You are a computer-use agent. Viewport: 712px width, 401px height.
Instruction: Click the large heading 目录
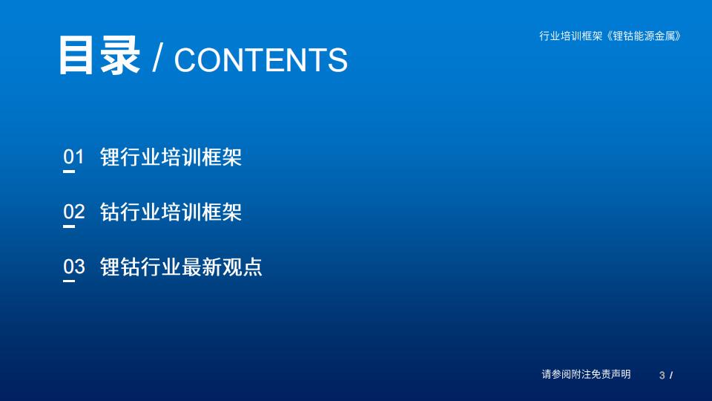99,55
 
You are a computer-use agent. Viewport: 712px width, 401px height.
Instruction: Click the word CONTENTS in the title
261,59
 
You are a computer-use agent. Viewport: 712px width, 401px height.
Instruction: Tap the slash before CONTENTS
157,58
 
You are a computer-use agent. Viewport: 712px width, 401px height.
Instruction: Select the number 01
74,157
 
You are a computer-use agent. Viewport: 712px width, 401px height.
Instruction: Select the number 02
74,212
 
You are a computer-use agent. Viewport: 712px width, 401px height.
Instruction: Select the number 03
74,267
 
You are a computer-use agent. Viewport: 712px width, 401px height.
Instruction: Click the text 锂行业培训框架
171,157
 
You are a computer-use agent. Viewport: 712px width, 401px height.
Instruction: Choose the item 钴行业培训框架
171,212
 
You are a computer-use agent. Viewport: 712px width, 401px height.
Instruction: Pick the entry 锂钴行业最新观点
181,267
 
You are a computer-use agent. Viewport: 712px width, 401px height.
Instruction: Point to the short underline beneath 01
69,172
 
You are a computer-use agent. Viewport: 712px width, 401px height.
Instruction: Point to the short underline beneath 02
69,226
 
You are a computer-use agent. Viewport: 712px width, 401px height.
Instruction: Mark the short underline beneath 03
69,281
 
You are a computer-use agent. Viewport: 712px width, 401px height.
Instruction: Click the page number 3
662,376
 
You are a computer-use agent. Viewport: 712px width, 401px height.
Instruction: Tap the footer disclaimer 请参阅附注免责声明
586,374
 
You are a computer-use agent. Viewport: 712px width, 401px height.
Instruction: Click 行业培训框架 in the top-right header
571,36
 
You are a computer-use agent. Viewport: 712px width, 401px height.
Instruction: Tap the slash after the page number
671,376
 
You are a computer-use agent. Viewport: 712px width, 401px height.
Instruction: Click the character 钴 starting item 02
110,212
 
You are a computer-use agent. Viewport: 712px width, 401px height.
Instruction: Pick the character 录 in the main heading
120,55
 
